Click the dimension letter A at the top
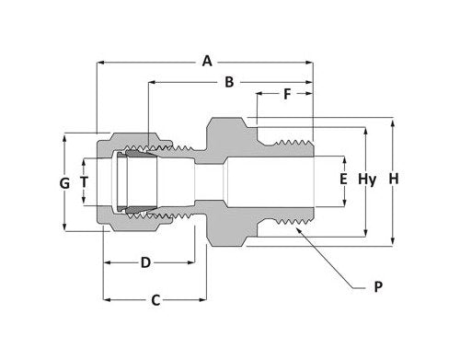coord(207,62)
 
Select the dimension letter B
coord(229,82)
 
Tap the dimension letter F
coord(286,94)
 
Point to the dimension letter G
coord(64,183)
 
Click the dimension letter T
coord(85,182)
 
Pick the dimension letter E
coord(343,179)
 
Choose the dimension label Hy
coord(367,179)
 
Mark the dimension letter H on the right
coord(394,179)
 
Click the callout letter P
coord(378,288)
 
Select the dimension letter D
coord(145,262)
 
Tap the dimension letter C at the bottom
coord(155,299)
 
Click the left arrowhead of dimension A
coord(99,62)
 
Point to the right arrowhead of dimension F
coord(313,94)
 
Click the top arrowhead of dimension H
coord(394,120)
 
